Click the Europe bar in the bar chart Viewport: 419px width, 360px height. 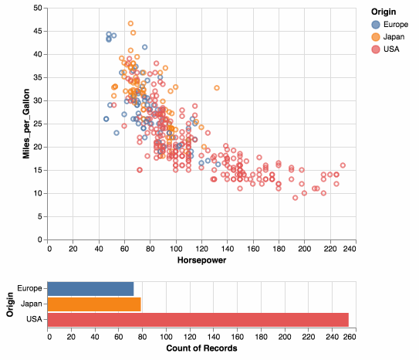[x=91, y=289]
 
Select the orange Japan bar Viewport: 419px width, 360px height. [x=94, y=304]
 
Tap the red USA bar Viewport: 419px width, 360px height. [x=198, y=319]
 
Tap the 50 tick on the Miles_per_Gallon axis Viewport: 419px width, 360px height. [x=38, y=8]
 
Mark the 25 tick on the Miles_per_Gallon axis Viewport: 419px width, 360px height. [x=38, y=124]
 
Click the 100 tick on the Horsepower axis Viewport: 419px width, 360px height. [x=176, y=249]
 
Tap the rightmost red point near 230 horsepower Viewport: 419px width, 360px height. [x=343, y=165]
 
